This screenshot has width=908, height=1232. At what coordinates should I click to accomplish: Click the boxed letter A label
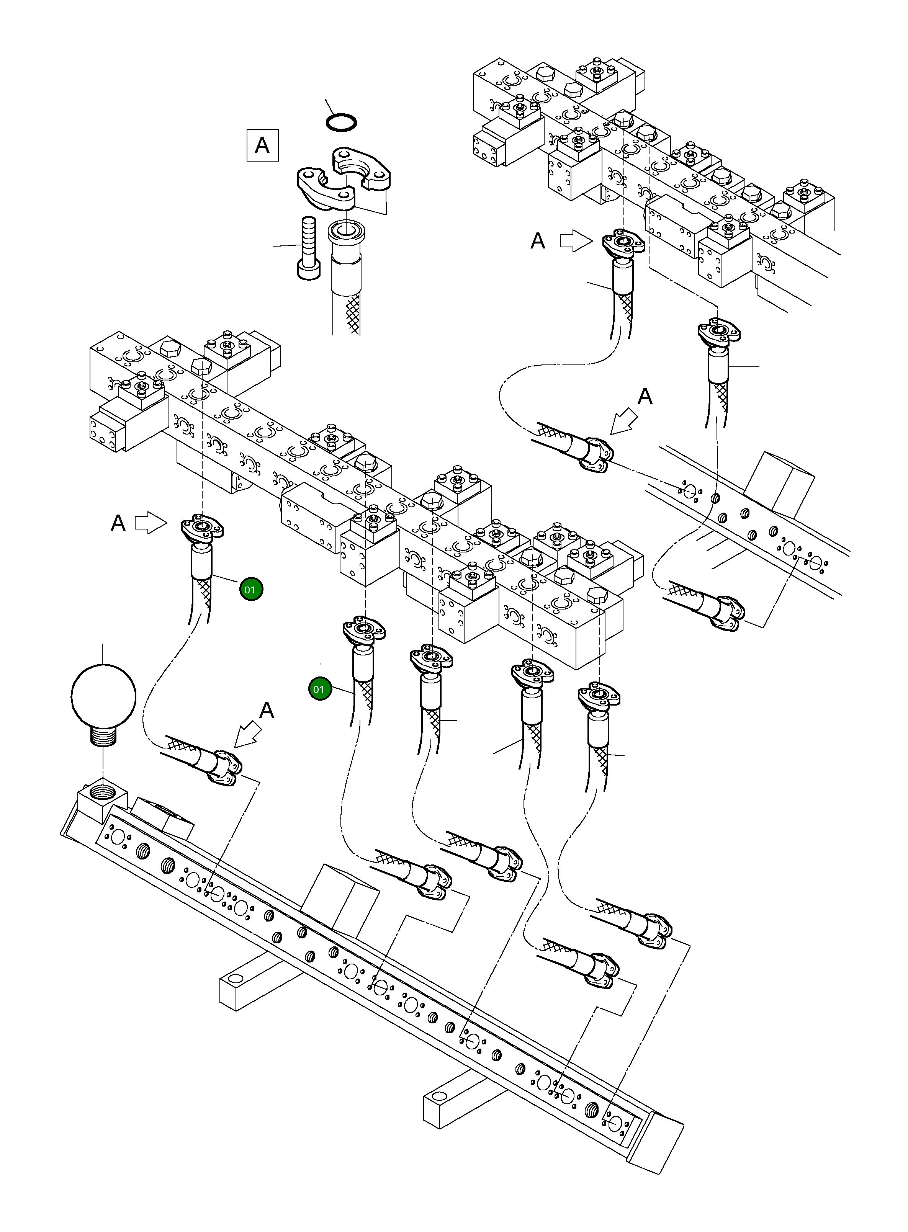pos(262,145)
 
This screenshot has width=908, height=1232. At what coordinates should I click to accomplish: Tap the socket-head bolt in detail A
pos(308,247)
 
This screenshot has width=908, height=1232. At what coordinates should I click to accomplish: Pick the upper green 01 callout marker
pos(251,590)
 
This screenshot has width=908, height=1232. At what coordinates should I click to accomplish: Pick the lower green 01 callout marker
pos(320,689)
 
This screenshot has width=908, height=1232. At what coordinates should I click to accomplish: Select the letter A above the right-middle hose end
pos(645,396)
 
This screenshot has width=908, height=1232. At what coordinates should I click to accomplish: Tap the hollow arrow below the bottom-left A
pos(247,735)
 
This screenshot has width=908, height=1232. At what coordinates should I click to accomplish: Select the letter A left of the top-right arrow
pos(538,241)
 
